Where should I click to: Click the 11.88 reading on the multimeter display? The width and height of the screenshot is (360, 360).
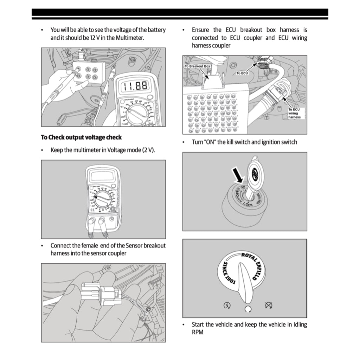134,85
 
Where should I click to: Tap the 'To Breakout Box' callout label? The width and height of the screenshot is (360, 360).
197,66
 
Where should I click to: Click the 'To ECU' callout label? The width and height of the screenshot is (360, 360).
242,73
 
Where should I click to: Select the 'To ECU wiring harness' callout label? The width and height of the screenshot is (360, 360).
294,113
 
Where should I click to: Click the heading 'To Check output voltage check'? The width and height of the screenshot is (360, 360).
81,137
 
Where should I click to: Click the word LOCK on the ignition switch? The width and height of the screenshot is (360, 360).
248,204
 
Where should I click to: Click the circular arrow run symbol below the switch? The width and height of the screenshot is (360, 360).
248,309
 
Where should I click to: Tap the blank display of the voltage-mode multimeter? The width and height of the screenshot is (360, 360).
102,175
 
